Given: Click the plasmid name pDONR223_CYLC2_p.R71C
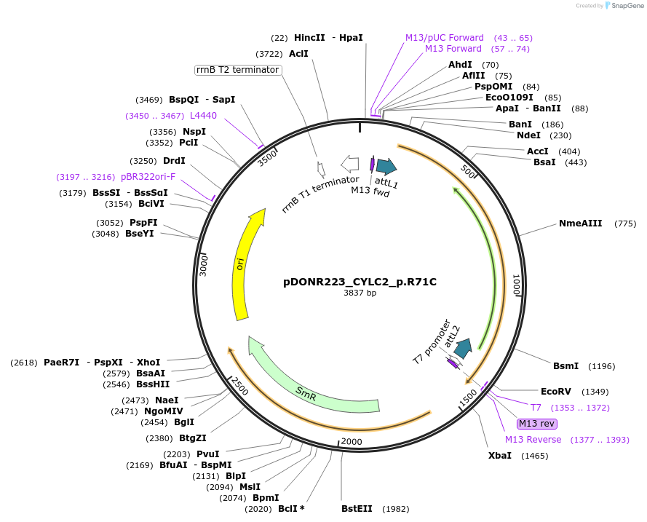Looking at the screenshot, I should [x=360, y=282].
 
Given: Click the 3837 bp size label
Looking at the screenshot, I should [x=360, y=293].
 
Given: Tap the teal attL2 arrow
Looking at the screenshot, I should [x=462, y=348].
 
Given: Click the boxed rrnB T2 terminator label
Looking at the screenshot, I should [x=238, y=70].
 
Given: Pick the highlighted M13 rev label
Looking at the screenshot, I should [x=536, y=424].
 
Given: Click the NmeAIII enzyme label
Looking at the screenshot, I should [x=580, y=224].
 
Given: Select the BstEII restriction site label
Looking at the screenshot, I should [x=360, y=509].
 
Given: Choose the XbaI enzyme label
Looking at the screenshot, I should [x=500, y=456].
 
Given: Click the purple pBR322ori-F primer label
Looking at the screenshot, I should [x=148, y=177].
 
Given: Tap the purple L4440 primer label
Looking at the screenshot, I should [x=203, y=116].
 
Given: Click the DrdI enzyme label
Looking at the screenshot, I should [x=174, y=161].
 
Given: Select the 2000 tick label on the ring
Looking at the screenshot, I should [x=351, y=442].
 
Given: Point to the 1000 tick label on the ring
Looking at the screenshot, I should [x=516, y=285].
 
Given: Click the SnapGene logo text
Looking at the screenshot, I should [x=626, y=6].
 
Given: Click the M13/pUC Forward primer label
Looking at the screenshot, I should [x=444, y=38].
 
